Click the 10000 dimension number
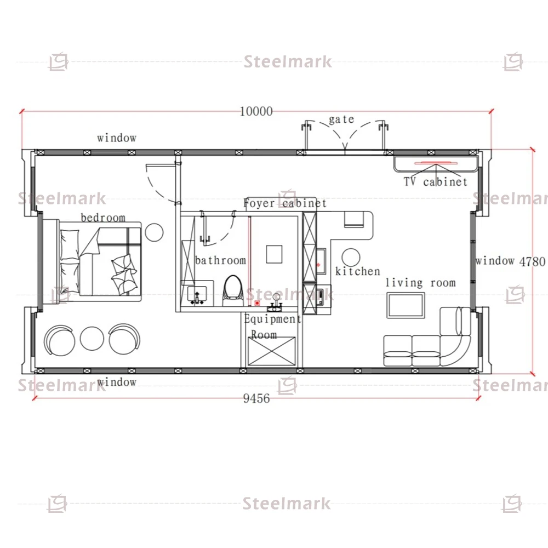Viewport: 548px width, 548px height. [256, 111]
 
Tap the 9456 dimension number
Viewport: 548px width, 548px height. [256, 398]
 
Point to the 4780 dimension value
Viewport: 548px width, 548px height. [532, 261]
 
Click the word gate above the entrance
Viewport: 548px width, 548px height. [341, 119]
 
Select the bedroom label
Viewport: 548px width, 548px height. [103, 218]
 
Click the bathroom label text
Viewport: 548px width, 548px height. [220, 260]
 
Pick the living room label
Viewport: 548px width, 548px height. [420, 282]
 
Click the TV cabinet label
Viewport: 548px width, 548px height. [436, 181]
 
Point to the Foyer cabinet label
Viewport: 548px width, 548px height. [285, 203]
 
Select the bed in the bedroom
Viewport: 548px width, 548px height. [100, 260]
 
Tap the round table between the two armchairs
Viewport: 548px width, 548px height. [92, 338]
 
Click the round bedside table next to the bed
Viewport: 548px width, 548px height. [154, 232]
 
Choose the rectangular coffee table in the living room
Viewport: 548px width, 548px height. [406, 305]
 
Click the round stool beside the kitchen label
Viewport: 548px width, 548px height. [351, 258]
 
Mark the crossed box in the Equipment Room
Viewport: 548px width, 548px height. [272, 351]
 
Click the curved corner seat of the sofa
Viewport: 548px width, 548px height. [455, 351]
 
